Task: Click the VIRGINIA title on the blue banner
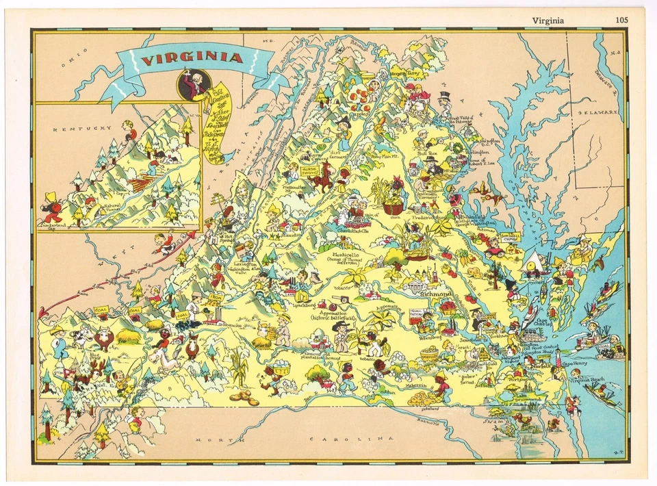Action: tap(192, 58)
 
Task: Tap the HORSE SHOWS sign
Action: tap(309, 168)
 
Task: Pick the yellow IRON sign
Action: tap(215, 298)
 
